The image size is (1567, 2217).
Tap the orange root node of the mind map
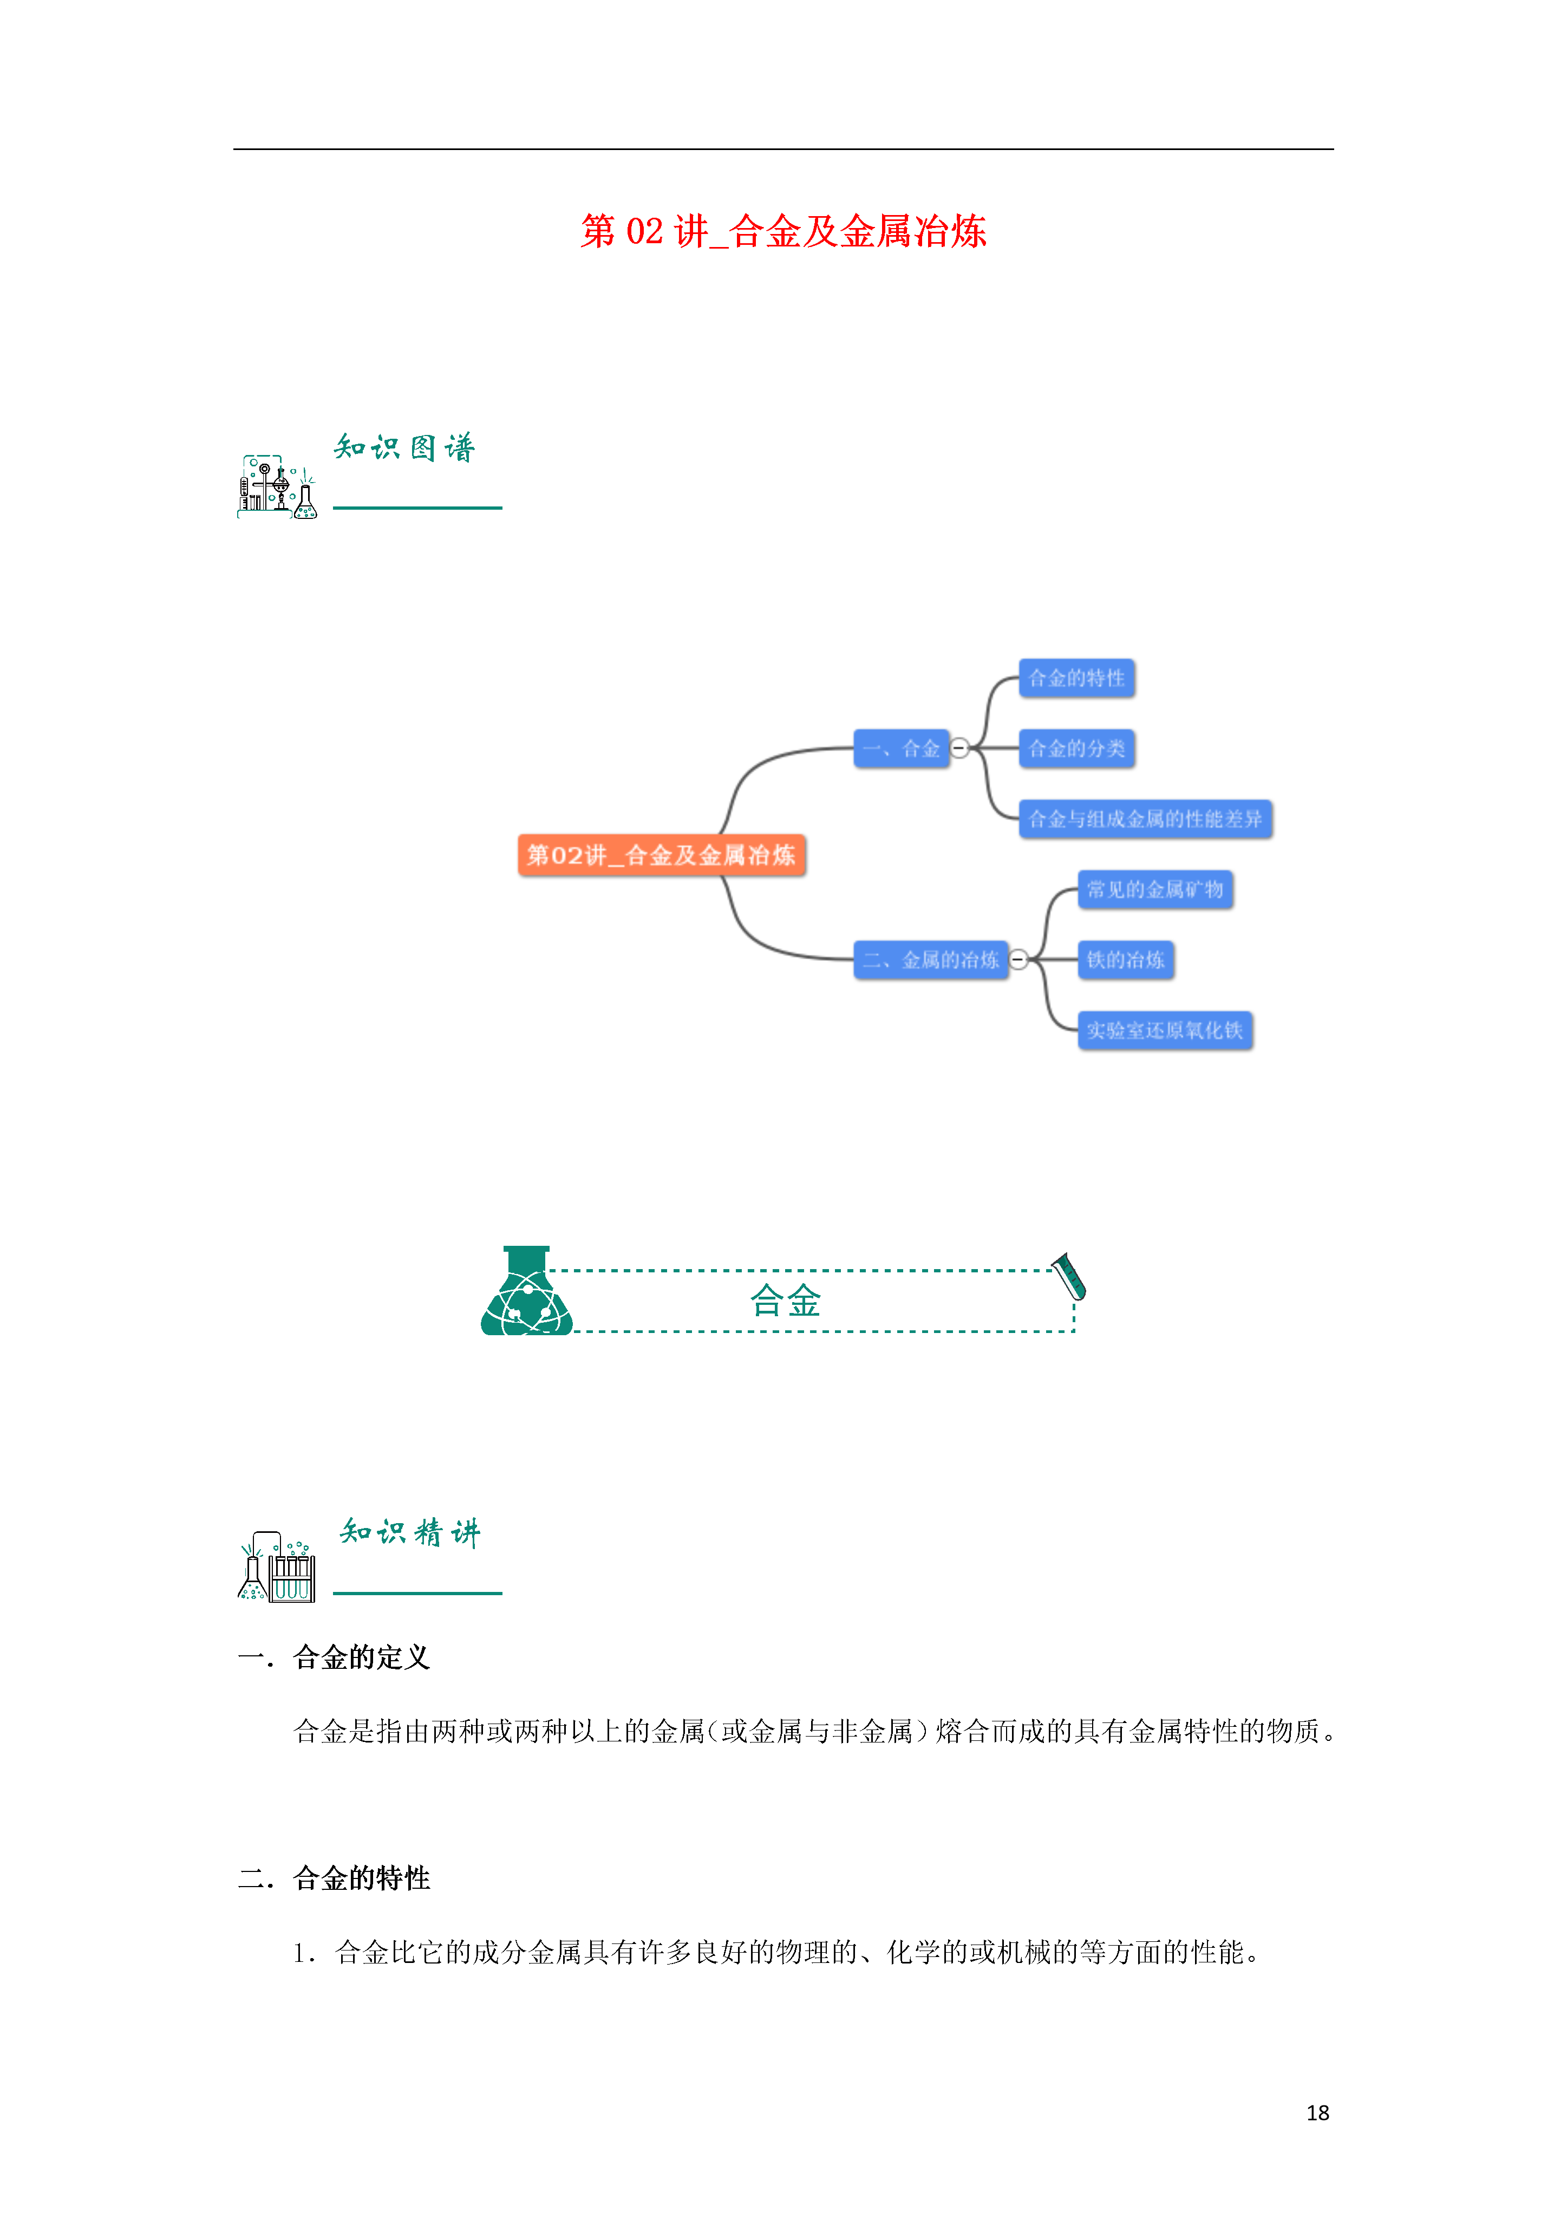coord(661,855)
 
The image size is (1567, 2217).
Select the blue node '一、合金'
coord(901,749)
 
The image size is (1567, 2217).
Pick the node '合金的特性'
coord(1076,678)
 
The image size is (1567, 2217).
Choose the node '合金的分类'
coord(1076,749)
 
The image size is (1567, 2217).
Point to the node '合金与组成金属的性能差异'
coord(1145,819)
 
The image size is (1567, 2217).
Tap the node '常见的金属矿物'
coord(1155,889)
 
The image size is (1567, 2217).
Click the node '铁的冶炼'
coord(1126,960)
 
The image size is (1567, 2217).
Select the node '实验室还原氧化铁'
coord(1164,1030)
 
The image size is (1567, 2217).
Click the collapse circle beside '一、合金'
coord(959,749)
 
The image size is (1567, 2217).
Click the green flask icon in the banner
coord(527,1291)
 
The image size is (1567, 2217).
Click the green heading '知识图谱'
coord(404,447)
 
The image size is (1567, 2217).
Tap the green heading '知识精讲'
coord(409,1532)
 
